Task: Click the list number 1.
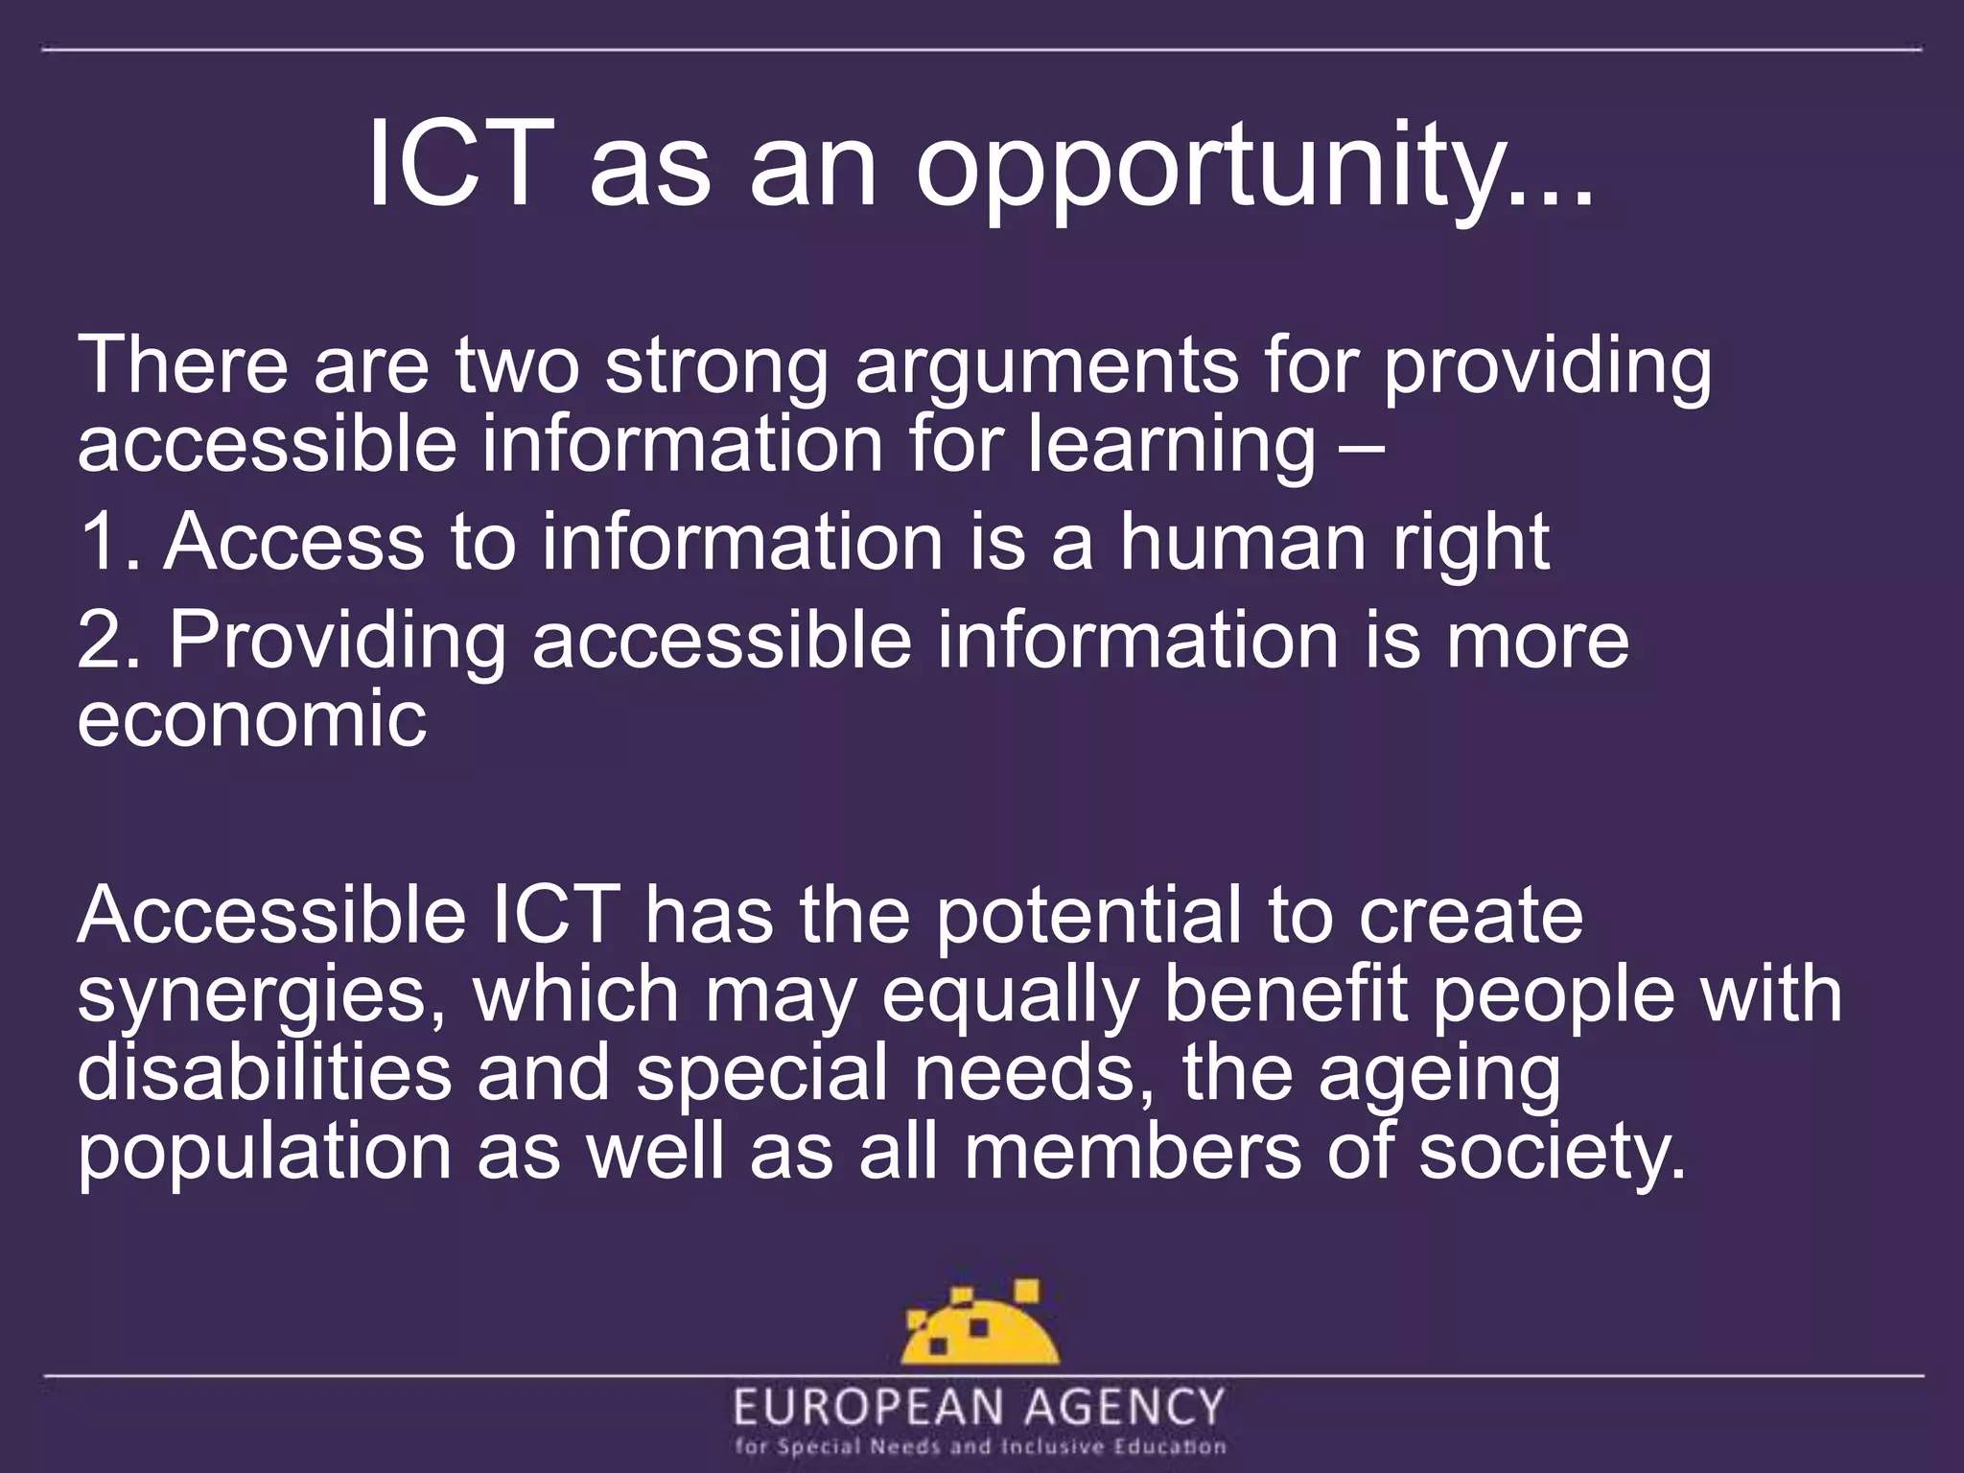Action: (x=100, y=542)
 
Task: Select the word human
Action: (x=1243, y=542)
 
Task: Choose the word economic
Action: (x=251, y=718)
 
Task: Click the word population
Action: (x=264, y=1155)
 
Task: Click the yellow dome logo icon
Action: (x=979, y=1322)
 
